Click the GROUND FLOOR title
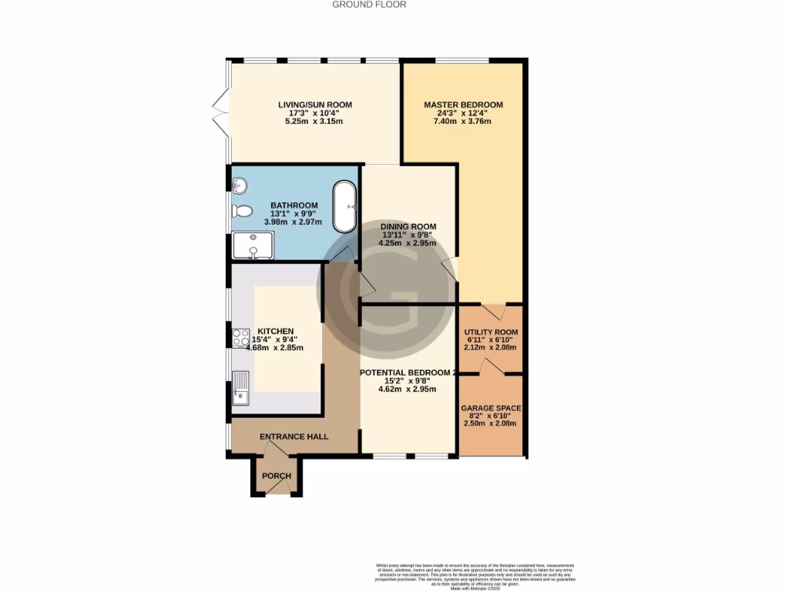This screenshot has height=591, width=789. click(x=369, y=5)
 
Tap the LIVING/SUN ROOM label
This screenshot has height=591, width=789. click(x=315, y=105)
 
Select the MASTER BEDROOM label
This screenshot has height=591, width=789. click(x=463, y=105)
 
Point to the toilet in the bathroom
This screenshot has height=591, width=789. click(x=241, y=211)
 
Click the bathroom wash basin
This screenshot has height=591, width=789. click(x=239, y=185)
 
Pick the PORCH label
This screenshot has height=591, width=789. click(x=277, y=476)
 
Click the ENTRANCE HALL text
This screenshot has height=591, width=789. click(x=294, y=436)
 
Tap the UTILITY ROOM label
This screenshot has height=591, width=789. click(x=491, y=332)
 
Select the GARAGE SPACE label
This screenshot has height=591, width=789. click(x=491, y=408)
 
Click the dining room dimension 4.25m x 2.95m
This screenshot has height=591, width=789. click(x=407, y=243)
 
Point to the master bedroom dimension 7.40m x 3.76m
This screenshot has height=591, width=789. click(x=463, y=122)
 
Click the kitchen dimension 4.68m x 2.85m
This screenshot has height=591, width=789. click(x=274, y=348)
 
